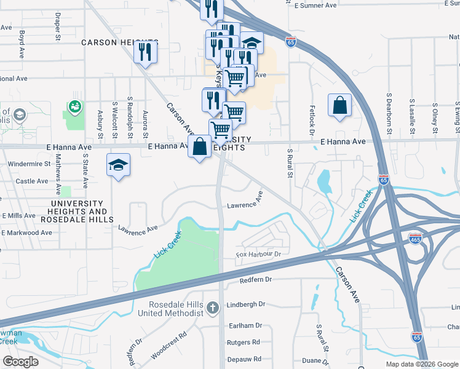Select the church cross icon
click(x=213, y=307)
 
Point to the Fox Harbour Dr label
click(x=258, y=254)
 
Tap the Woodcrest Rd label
click(x=168, y=346)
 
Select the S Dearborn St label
click(x=389, y=114)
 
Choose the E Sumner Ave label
click(x=315, y=5)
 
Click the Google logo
click(x=21, y=362)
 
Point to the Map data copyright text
click(x=422, y=364)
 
